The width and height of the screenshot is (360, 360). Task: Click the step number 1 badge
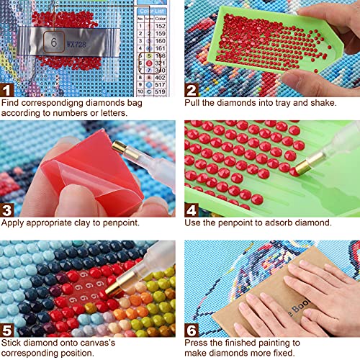(8, 90)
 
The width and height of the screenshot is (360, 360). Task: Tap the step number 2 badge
(192, 90)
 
